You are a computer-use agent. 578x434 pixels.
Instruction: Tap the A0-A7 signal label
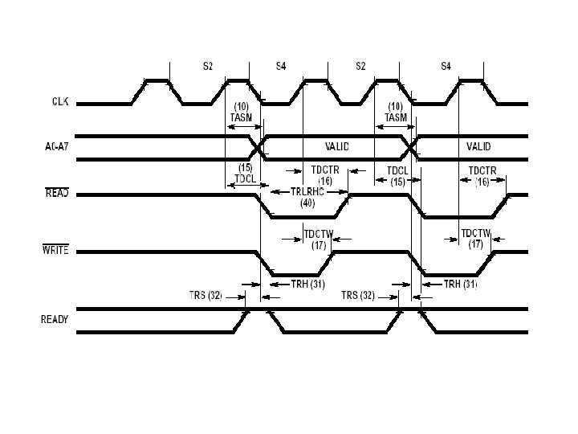click(x=55, y=147)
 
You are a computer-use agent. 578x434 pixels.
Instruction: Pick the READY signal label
click(x=55, y=319)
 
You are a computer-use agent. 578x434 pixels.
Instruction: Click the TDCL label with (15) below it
click(x=397, y=171)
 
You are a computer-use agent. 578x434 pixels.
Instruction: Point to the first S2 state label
click(x=208, y=66)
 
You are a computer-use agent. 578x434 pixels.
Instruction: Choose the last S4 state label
click(x=446, y=66)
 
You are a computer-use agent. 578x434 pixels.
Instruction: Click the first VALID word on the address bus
click(x=336, y=147)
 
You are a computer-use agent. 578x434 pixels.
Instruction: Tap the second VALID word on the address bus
click(x=478, y=147)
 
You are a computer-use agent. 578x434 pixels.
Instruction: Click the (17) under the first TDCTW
click(x=318, y=245)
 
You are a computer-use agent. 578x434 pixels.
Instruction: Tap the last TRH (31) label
click(x=461, y=284)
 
